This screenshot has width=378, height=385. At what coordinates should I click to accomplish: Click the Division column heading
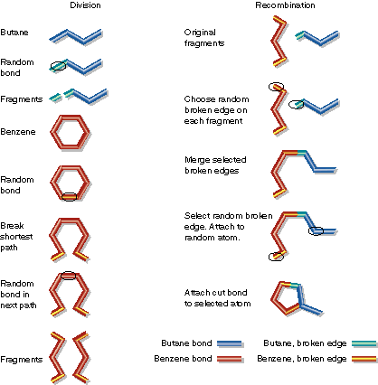[x=85, y=5]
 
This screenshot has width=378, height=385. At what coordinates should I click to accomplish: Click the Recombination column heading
[x=285, y=5]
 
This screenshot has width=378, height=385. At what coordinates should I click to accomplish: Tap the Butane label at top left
[x=14, y=33]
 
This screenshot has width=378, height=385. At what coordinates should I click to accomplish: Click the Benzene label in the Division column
[x=18, y=132]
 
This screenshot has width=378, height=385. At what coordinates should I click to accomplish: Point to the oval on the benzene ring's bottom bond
[x=70, y=197]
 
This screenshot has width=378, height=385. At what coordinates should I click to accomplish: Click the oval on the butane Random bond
[x=58, y=66]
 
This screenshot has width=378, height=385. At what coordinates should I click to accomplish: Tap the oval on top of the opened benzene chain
[x=69, y=276]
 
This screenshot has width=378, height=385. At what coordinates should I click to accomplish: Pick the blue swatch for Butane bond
[x=230, y=343]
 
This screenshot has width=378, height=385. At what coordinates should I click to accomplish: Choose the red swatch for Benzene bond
[x=230, y=359]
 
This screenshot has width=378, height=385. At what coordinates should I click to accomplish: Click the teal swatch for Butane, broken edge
[x=364, y=343]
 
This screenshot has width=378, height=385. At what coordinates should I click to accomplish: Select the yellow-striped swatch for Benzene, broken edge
[x=364, y=359]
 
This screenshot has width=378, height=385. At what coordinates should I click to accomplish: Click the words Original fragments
[x=204, y=38]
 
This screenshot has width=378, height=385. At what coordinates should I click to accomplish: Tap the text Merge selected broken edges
[x=215, y=165]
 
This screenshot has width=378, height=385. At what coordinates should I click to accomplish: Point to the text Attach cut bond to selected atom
[x=217, y=298]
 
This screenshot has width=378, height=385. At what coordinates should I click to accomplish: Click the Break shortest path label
[x=16, y=237]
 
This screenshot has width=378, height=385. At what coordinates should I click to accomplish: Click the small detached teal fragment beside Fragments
[x=55, y=98]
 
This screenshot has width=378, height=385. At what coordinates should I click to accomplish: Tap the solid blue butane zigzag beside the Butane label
[x=76, y=37]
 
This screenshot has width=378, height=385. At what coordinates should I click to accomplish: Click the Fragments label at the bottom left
[x=21, y=360]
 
